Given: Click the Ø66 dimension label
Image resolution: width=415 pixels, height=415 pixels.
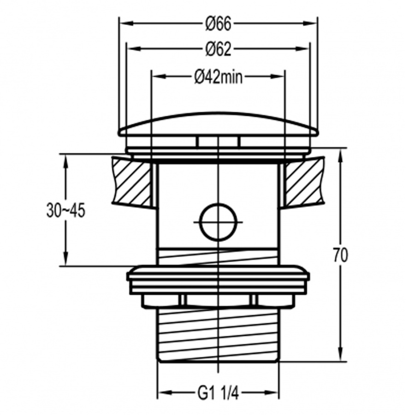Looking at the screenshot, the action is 218,24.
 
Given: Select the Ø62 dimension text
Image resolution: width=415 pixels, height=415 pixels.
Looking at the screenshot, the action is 218,49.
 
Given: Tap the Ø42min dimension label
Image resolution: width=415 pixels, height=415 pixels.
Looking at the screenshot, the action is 218,77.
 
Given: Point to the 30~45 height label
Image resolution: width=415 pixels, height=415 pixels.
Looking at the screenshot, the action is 66,211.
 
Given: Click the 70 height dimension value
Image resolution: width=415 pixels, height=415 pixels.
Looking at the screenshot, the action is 340,255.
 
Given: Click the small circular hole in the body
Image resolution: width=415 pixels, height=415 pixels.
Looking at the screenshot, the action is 218,222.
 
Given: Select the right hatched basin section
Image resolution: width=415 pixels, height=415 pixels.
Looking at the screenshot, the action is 304,182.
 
